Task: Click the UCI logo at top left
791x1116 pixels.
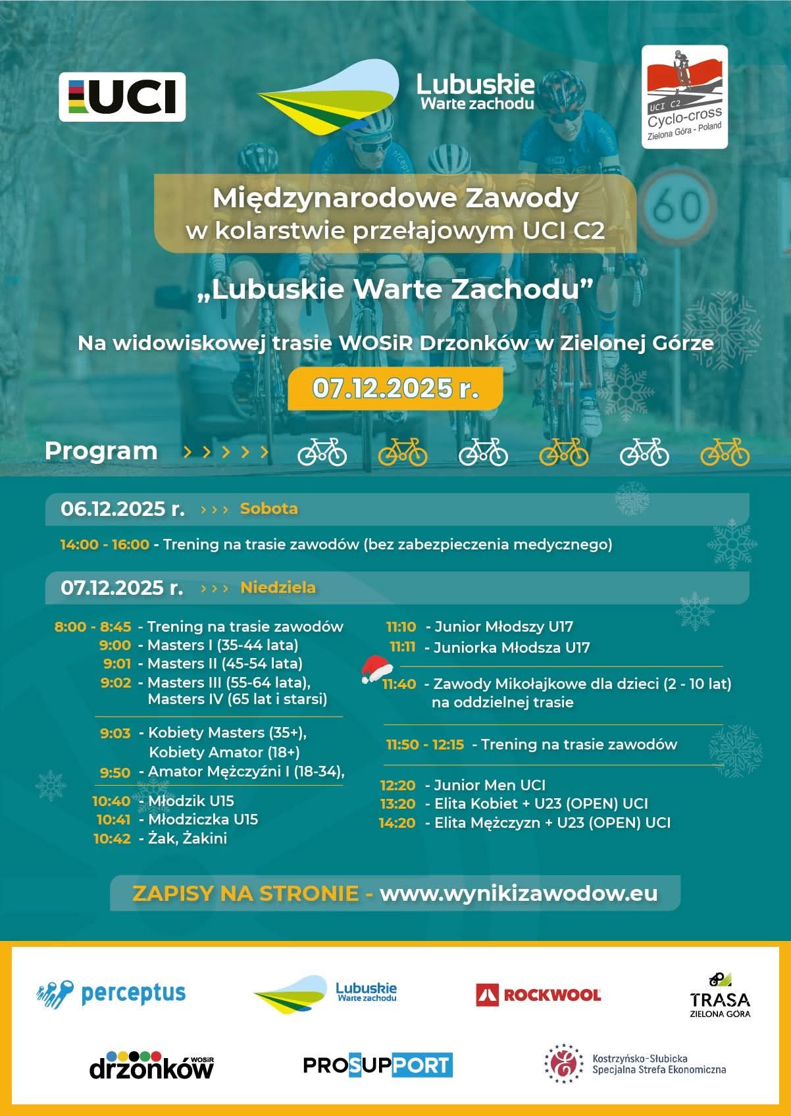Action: tap(122, 97)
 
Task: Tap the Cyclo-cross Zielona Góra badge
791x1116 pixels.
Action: tap(684, 97)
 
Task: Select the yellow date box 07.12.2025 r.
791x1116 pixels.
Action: tap(395, 388)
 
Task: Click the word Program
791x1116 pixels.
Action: tap(101, 451)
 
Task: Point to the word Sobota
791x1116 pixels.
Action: tap(268, 509)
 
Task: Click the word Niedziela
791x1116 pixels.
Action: tap(278, 588)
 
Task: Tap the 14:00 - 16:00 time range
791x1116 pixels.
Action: tap(105, 545)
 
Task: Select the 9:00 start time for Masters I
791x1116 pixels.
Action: tap(115, 645)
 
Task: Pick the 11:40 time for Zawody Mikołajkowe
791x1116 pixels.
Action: tap(399, 684)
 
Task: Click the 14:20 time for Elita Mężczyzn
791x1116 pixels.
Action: tap(397, 823)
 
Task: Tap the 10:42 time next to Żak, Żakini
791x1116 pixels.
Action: tap(112, 838)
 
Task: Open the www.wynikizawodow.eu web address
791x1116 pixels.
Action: tap(519, 893)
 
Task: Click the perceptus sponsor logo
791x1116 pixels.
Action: tap(111, 993)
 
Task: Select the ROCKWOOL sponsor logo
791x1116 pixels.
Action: tap(538, 994)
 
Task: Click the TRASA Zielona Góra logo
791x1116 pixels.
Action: tap(719, 996)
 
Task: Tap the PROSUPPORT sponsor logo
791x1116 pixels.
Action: tap(378, 1065)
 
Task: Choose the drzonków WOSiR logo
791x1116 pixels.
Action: tap(151, 1065)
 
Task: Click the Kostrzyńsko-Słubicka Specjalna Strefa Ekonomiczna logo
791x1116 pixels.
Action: tap(635, 1064)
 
